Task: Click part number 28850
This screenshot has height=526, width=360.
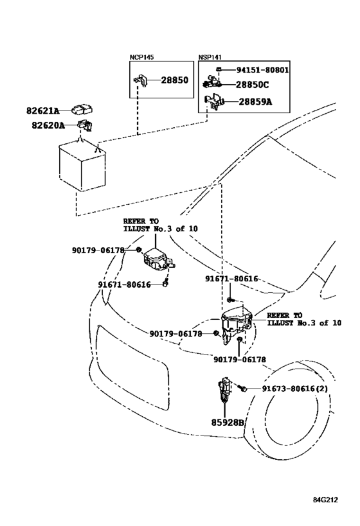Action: tap(175, 80)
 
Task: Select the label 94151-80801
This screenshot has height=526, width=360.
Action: tap(262, 70)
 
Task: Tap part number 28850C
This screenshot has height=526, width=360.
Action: tap(252, 85)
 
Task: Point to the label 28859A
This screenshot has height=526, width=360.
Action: tap(255, 101)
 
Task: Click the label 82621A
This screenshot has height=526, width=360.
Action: tap(42, 110)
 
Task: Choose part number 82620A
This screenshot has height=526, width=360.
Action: tap(48, 125)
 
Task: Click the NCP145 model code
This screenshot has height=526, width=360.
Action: tap(141, 57)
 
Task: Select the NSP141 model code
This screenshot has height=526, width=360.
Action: tap(210, 57)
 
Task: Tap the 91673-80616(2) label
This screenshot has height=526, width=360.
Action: tap(295, 389)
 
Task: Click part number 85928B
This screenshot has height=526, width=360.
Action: tap(228, 423)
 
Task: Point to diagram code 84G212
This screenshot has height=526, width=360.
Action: tap(325, 500)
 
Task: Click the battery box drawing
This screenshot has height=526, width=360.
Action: tap(82, 166)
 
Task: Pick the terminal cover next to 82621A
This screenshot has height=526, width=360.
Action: tap(82, 109)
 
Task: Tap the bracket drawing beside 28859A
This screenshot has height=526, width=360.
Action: tap(213, 101)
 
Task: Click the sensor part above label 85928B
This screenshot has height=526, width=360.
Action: tap(225, 390)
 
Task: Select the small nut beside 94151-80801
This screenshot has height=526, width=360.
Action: tap(218, 69)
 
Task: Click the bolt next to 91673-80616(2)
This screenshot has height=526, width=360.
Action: tap(243, 388)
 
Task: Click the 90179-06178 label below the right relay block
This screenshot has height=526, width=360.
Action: tap(240, 360)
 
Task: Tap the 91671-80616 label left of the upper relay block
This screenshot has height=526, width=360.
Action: tap(124, 285)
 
